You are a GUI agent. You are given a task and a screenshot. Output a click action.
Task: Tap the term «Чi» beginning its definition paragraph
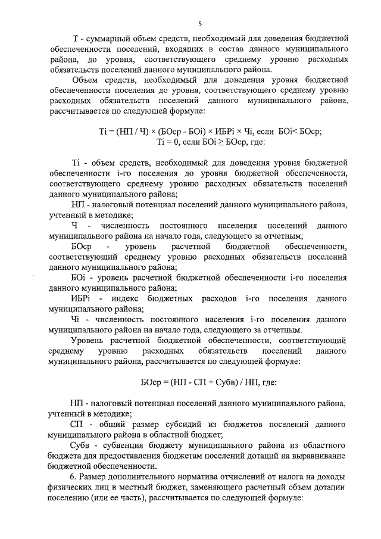[74, 319]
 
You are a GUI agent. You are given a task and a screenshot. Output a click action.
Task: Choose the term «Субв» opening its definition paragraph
[80, 445]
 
